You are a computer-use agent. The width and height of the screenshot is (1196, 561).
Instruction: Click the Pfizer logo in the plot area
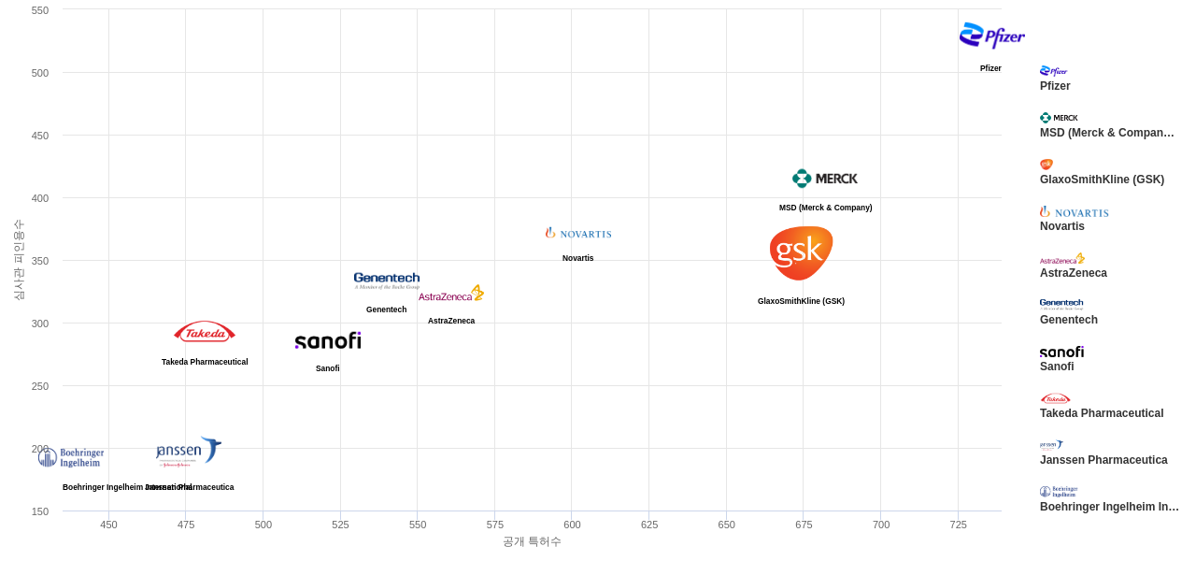coord(991,36)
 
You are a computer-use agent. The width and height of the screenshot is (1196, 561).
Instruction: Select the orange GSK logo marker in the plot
coord(801,252)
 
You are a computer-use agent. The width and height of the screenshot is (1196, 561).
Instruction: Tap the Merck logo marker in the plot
coord(825,179)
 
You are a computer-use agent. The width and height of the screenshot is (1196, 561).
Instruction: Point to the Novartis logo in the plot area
coord(578,233)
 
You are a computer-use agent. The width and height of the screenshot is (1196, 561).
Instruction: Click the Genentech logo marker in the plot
coord(387,280)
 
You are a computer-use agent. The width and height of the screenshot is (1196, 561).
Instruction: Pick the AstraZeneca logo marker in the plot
coord(451,294)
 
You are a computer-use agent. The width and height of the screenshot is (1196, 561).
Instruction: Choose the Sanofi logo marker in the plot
coord(328,341)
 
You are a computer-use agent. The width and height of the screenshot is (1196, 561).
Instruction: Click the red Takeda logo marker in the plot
coord(205,332)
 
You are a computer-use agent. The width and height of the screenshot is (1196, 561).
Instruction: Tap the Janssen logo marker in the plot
coord(189,452)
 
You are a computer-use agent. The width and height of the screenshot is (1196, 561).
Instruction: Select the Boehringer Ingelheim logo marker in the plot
coord(71,457)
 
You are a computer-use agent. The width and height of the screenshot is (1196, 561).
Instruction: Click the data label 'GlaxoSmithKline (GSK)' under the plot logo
coord(801,301)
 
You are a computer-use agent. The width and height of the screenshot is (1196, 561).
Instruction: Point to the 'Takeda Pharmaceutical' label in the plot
coord(205,362)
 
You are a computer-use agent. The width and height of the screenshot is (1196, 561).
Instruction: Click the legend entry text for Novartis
coord(1062,226)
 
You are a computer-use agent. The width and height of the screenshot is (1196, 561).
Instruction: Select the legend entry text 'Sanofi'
coord(1057,367)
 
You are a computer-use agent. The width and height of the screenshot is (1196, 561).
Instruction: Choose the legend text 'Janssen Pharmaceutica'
coord(1103,460)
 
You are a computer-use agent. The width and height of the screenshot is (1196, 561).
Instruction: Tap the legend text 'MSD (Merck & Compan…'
coord(1107,133)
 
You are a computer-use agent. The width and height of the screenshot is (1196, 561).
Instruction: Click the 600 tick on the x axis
coord(572,525)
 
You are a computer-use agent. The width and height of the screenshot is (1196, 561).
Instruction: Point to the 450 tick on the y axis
coord(40,136)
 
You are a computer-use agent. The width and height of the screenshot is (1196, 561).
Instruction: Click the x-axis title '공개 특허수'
coord(532,541)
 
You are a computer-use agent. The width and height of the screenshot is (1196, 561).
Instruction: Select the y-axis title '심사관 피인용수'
coord(19,260)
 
